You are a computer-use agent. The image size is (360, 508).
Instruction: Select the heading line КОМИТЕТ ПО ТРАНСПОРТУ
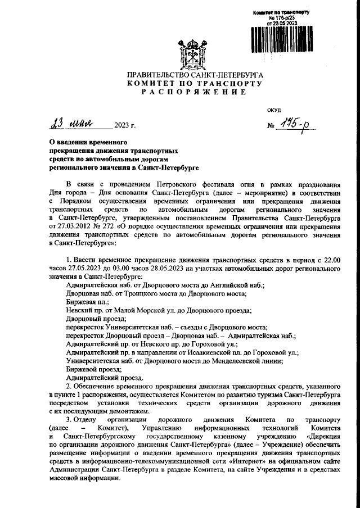[x=195, y=83]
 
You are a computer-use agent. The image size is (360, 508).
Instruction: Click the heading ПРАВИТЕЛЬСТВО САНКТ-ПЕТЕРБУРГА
[x=195, y=75]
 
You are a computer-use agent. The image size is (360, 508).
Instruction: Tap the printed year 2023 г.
[x=125, y=125]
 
